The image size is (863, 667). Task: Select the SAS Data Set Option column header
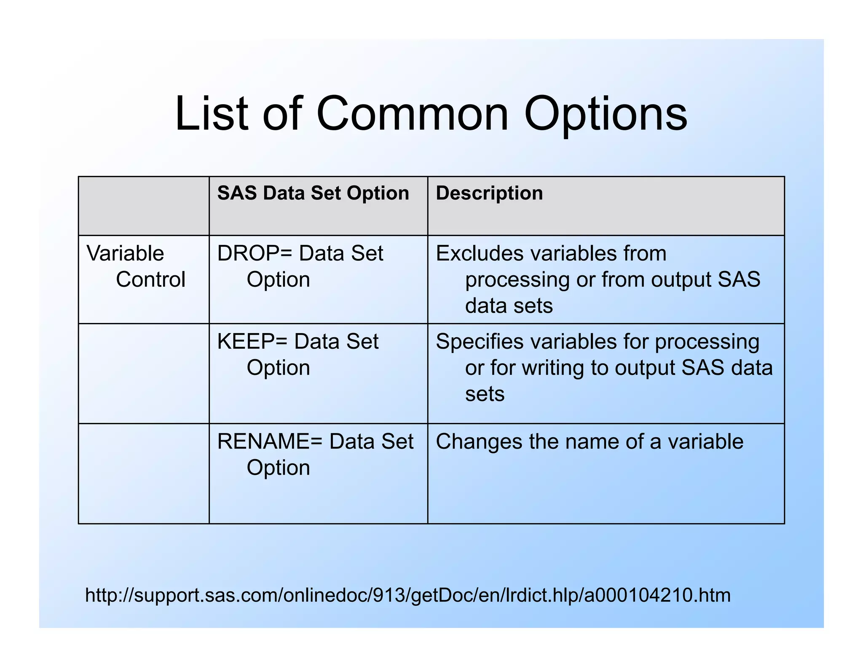[x=313, y=193]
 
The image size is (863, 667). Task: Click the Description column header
[x=489, y=193]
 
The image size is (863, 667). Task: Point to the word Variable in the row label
[x=125, y=253]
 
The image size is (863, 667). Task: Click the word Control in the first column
[x=150, y=280]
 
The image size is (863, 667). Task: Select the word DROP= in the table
[x=255, y=253]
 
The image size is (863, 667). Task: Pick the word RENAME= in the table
[x=270, y=441]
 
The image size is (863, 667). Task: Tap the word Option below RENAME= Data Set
[x=278, y=468]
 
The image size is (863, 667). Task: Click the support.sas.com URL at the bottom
[x=407, y=595]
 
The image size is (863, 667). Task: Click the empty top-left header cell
[x=144, y=206]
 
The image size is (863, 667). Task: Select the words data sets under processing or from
[x=509, y=306]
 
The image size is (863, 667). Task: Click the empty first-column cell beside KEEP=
[x=144, y=373]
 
